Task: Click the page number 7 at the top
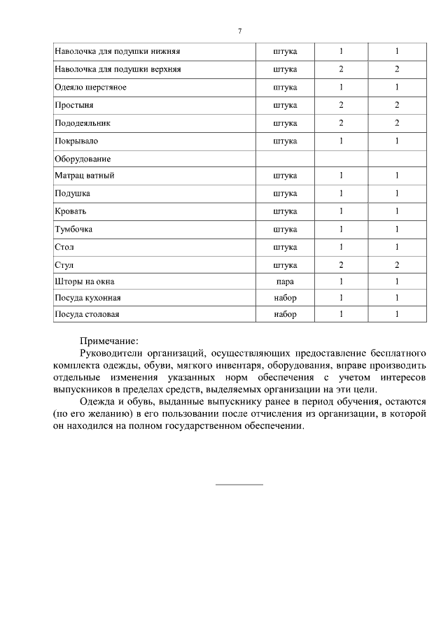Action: coord(239,31)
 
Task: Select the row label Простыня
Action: coord(73,105)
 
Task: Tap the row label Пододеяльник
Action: coord(83,122)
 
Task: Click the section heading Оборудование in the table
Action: coord(83,159)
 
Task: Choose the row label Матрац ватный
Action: coord(84,176)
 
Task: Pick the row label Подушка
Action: coord(72,193)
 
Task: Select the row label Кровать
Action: coord(70,211)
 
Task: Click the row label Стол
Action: coord(64,247)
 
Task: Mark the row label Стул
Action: coord(64,265)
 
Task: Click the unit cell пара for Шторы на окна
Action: coord(285,282)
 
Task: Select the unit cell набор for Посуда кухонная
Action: coord(285,298)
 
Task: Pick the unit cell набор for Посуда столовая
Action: coord(285,315)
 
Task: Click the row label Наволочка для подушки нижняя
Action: coord(118,51)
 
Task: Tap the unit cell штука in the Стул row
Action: coord(285,265)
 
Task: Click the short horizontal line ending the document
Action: coord(239,484)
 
